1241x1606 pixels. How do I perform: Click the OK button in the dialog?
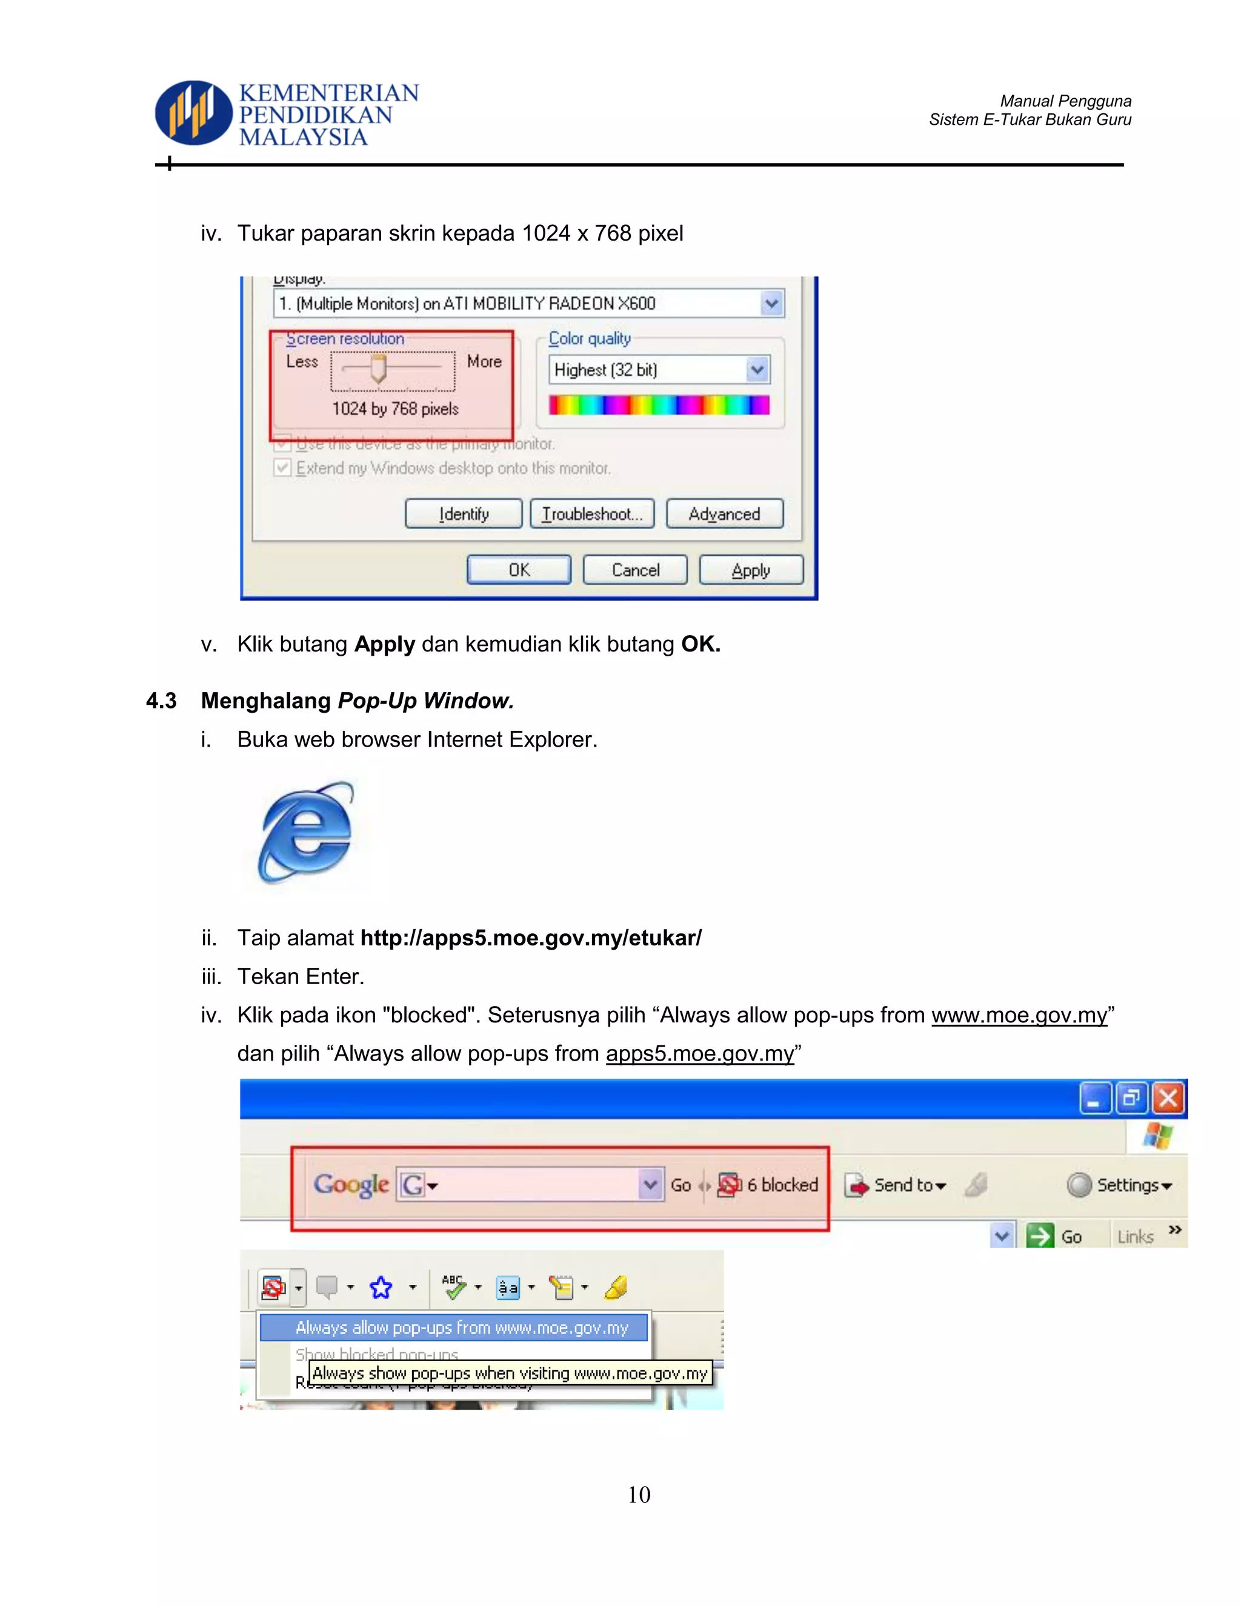(x=519, y=570)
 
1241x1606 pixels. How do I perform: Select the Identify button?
(x=464, y=514)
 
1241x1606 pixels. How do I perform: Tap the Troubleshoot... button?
(x=592, y=514)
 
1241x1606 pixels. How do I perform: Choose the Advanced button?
(x=724, y=514)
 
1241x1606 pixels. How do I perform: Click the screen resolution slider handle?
(x=378, y=368)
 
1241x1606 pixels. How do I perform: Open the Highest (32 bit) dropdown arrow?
(x=757, y=370)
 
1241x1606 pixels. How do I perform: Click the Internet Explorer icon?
(x=306, y=833)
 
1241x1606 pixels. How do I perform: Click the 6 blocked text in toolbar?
(x=782, y=1185)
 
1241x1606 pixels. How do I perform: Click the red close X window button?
(x=1168, y=1099)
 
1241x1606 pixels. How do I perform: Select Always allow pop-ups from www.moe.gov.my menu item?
(x=461, y=1327)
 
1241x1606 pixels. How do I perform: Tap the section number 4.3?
(x=161, y=701)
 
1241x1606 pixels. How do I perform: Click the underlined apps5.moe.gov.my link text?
(x=700, y=1054)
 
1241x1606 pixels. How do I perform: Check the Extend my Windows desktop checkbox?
(x=282, y=468)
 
